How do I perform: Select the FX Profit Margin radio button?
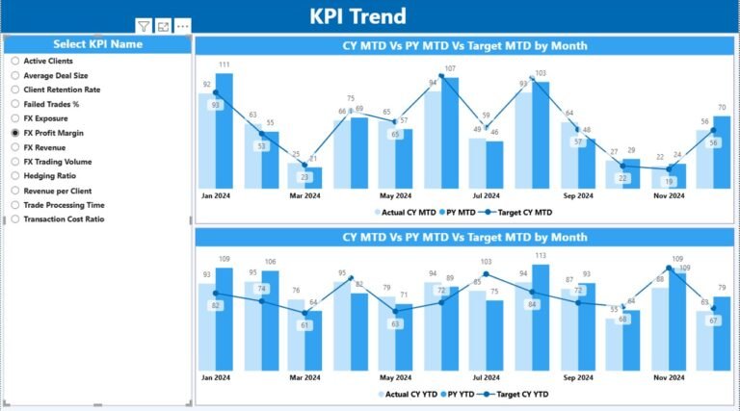[x=15, y=132]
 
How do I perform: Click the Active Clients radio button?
[x=15, y=60]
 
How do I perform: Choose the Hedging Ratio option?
[x=15, y=175]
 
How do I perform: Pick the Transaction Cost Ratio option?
[x=15, y=218]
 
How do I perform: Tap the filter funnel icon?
[x=143, y=26]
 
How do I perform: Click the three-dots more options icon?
[x=183, y=26]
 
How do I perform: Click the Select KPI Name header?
[x=97, y=44]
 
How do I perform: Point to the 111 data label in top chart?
[x=224, y=65]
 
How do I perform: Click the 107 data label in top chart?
[x=450, y=68]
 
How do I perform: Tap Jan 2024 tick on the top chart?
[x=214, y=196]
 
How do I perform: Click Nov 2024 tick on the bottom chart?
[x=668, y=378]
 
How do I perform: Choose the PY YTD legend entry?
[x=462, y=394]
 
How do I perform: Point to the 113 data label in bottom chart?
[x=541, y=256]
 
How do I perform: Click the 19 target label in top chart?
[x=669, y=180]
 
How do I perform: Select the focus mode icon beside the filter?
[x=163, y=26]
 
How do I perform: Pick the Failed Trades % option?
[x=15, y=103]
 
